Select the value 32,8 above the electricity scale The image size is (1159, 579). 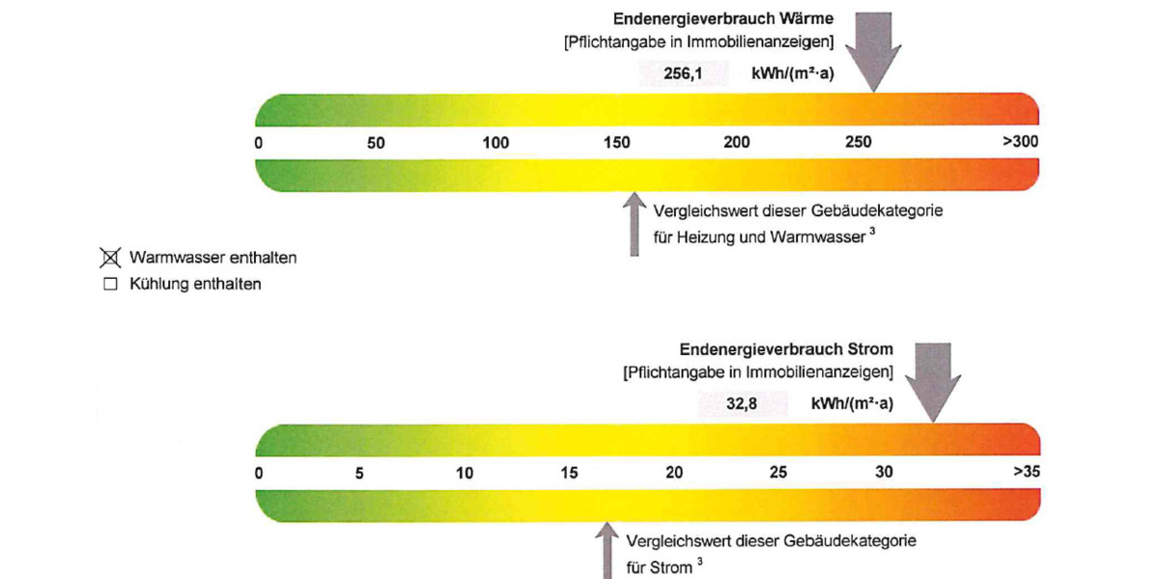[x=741, y=403]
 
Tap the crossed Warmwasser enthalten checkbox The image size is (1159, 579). [x=110, y=258]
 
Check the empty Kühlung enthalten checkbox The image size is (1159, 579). [x=110, y=285]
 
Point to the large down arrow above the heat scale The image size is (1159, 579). [x=874, y=48]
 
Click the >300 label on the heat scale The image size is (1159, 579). [x=1020, y=142]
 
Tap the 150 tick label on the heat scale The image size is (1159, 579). [x=617, y=143]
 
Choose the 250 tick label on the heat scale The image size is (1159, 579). [x=858, y=143]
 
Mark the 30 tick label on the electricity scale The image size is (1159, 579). [x=885, y=473]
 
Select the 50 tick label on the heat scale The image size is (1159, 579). [x=376, y=143]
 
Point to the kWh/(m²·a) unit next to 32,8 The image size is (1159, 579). [x=852, y=403]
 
